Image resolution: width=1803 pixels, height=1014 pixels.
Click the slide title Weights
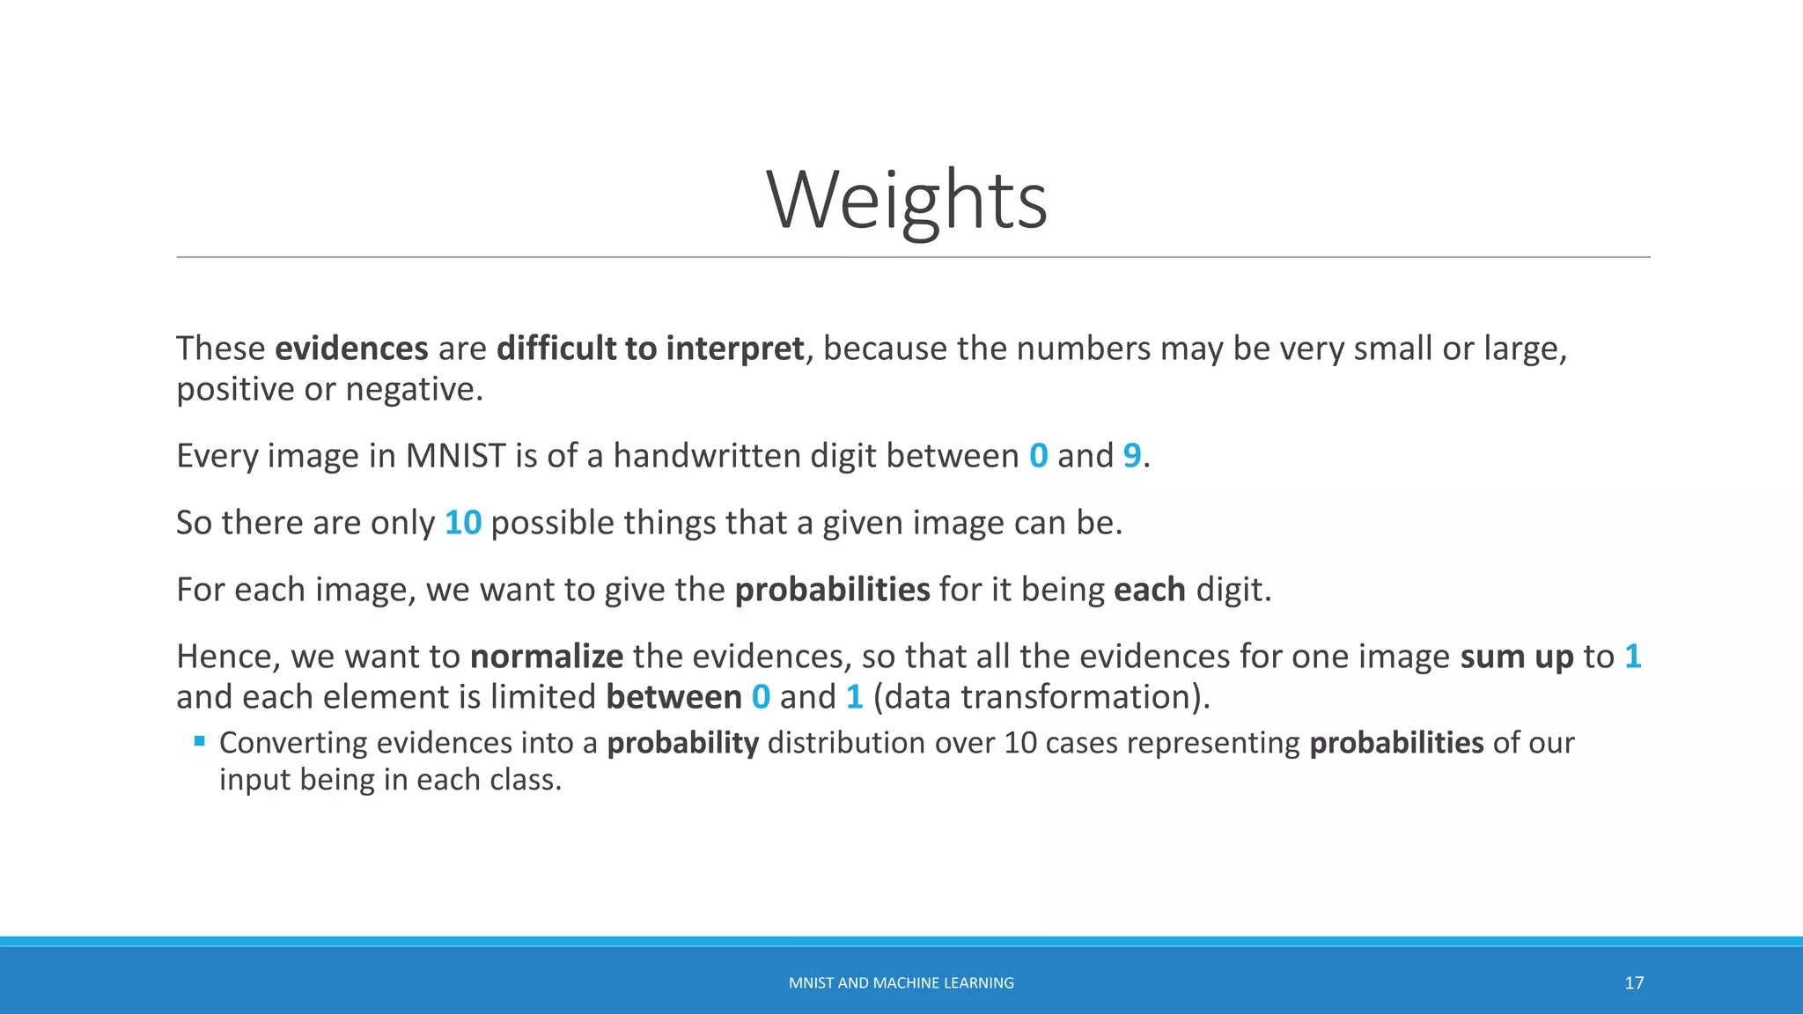[x=907, y=201]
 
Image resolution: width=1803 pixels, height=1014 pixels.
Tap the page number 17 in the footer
[x=1634, y=983]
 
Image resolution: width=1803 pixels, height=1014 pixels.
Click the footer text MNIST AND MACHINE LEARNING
[x=901, y=983]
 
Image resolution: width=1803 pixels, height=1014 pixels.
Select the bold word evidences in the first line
[x=351, y=349]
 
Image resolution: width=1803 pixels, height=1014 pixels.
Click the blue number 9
[x=1131, y=456]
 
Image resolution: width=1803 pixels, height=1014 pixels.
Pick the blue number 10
[x=463, y=523]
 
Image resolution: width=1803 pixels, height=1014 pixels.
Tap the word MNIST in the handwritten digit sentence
[x=455, y=456]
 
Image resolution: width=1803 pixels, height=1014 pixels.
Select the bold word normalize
[x=547, y=657]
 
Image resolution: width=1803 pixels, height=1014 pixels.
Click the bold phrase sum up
[x=1516, y=657]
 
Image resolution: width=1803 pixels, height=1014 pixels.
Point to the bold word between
[x=673, y=697]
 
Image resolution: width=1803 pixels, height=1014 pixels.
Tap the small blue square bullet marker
[x=200, y=741]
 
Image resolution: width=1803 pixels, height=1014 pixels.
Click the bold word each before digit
[x=1149, y=590]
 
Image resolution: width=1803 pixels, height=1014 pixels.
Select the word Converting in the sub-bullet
[x=293, y=743]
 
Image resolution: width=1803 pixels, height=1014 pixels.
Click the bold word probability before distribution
[x=682, y=743]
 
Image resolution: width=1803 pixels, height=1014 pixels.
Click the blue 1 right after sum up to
[x=1632, y=657]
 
